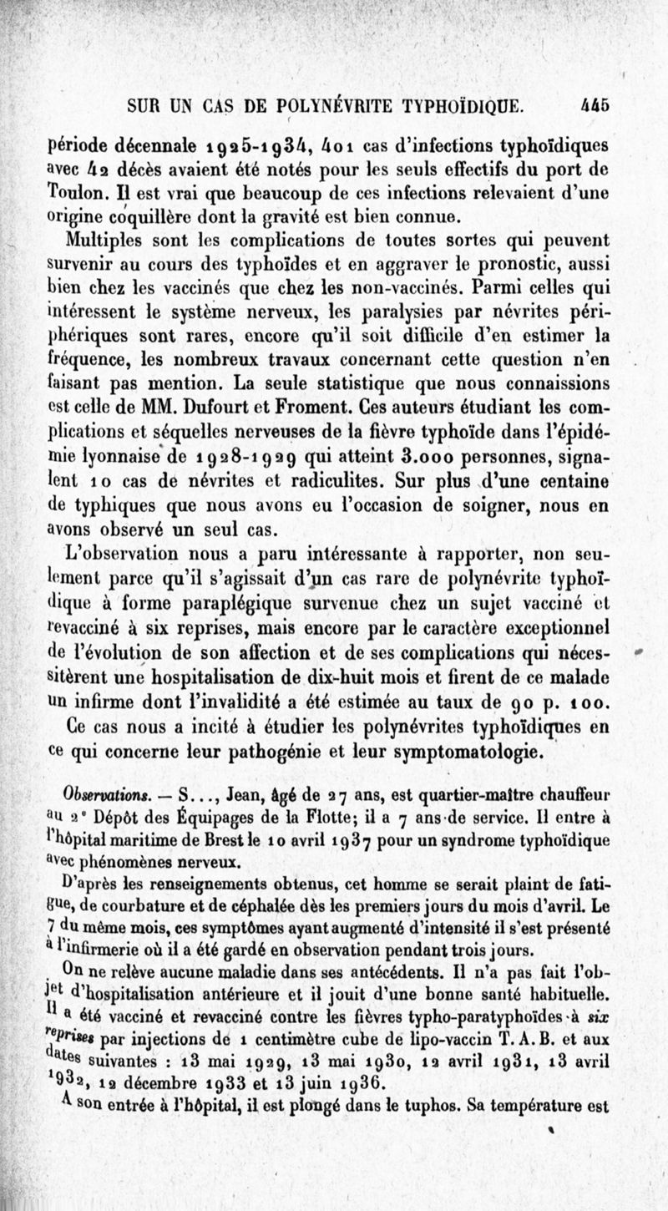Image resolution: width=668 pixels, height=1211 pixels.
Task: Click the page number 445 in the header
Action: [x=595, y=106]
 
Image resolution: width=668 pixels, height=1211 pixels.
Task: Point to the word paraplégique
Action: [x=260, y=600]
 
